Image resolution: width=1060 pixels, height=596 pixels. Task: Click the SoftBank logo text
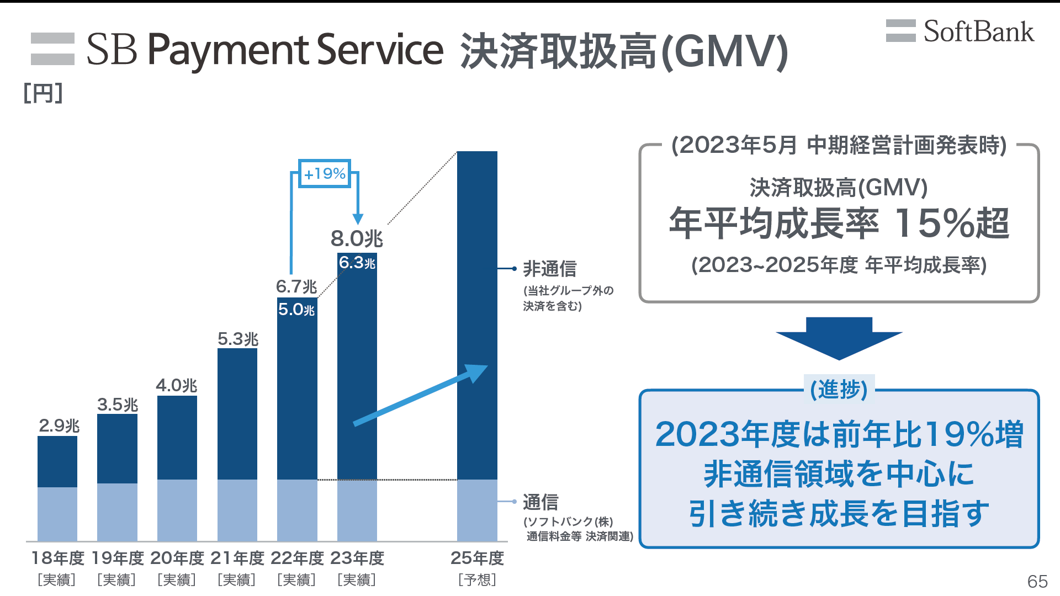point(978,31)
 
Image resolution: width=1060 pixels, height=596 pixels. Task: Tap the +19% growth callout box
point(325,174)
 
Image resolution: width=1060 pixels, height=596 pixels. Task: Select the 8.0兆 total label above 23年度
point(357,239)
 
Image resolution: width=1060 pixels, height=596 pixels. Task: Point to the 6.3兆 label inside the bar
point(357,263)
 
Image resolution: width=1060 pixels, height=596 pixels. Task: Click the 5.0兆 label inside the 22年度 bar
point(296,309)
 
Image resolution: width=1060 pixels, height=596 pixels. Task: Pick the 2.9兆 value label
point(59,425)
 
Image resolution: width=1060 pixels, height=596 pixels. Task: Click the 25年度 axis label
point(477,558)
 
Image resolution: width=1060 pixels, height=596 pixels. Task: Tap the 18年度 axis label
point(57,558)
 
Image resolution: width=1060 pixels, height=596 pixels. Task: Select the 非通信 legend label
point(550,269)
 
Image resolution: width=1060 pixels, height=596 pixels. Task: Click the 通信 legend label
point(540,502)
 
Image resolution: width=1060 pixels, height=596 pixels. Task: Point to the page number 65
point(1037,581)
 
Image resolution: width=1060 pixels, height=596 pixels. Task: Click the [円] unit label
point(43,93)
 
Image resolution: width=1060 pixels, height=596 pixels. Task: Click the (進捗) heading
point(839,390)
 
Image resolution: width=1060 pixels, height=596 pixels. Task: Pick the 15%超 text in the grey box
point(952,223)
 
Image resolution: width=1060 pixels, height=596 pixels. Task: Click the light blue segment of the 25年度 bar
point(477,510)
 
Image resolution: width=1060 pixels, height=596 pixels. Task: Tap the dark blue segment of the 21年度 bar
point(237,414)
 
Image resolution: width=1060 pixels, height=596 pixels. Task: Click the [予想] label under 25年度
point(477,580)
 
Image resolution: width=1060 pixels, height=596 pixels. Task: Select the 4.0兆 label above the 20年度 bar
point(177,385)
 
